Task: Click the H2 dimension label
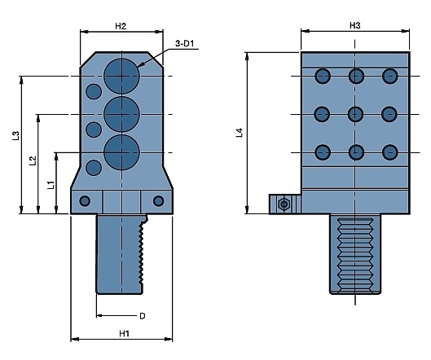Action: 121,26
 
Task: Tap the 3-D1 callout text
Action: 184,43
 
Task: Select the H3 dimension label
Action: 354,25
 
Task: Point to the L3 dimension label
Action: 16,136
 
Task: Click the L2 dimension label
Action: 33,160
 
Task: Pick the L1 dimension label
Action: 51,185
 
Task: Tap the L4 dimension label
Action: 240,133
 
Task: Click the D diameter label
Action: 142,316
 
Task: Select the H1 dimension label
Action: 124,334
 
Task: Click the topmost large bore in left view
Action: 121,76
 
